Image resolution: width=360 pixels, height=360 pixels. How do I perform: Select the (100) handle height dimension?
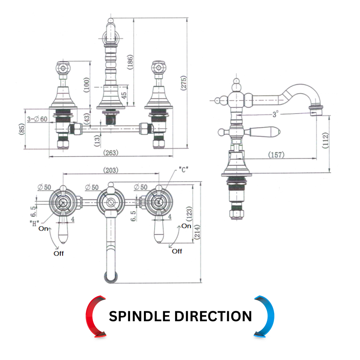(x=87, y=84)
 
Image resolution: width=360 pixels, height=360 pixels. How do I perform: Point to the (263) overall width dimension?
(x=111, y=153)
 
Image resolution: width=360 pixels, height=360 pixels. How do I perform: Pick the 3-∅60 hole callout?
(x=37, y=119)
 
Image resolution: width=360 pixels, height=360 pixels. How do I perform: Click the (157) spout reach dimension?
(x=276, y=155)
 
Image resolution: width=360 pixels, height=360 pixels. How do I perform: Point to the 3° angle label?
(x=276, y=114)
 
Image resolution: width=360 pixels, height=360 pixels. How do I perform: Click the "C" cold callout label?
(x=184, y=170)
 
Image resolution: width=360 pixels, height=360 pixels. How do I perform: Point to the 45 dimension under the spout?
(x=124, y=96)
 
